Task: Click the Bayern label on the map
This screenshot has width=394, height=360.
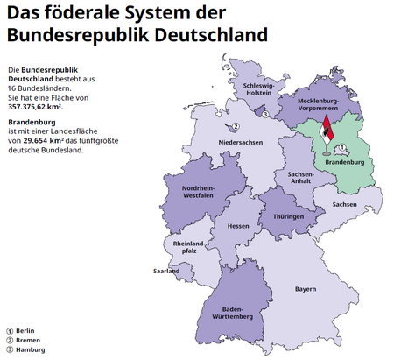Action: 305,288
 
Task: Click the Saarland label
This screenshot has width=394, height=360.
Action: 166,271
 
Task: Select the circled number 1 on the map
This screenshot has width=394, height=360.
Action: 343,147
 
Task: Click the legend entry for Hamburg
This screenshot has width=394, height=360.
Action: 24,349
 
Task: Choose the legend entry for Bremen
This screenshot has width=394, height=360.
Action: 23,339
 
